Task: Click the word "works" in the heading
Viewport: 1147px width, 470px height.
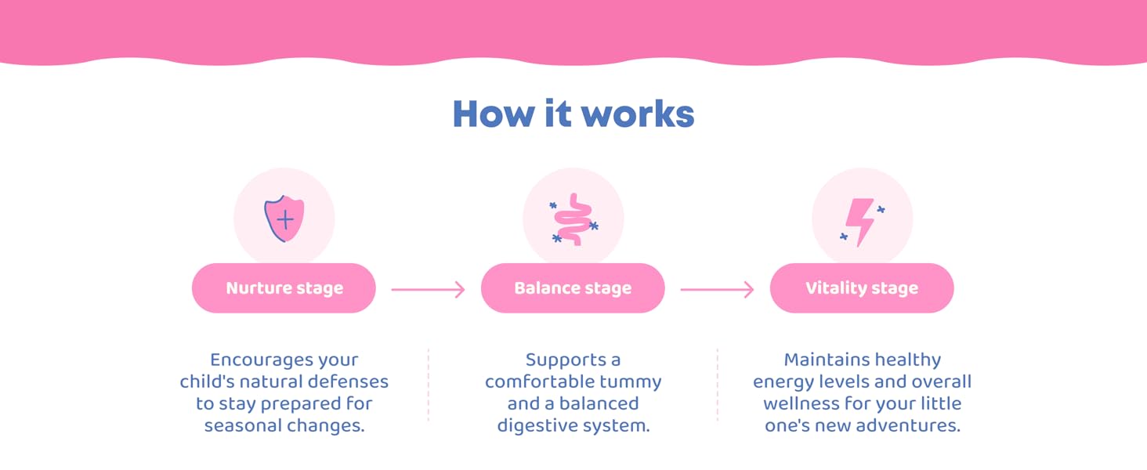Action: click(638, 114)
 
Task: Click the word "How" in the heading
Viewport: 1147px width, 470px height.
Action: click(494, 114)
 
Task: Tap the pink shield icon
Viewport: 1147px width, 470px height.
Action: click(284, 219)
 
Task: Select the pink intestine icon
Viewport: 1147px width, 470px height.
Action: click(573, 219)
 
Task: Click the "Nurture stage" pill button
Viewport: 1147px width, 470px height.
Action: click(284, 287)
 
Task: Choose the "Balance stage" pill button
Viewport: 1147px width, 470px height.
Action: click(573, 287)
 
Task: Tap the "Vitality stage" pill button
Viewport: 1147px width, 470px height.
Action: click(862, 287)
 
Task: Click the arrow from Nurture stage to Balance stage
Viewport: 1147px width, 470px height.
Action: click(428, 290)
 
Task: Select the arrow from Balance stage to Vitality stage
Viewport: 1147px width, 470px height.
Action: click(717, 290)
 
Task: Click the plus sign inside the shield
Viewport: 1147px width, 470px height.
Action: click(285, 220)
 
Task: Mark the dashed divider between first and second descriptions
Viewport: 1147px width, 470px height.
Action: click(429, 385)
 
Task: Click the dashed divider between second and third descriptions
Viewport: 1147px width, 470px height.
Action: click(718, 385)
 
